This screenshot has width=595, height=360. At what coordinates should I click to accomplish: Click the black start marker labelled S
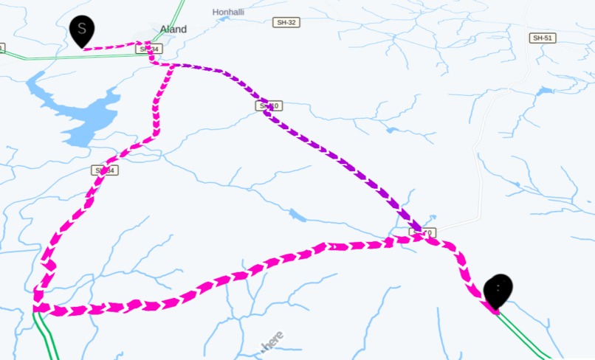point(82,30)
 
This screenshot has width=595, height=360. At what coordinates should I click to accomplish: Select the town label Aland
point(173,30)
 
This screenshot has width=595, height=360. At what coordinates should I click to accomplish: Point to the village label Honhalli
point(228,13)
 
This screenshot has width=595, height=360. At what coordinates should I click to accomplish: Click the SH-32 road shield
point(286,23)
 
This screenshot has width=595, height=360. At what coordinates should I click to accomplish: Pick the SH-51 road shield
point(543,38)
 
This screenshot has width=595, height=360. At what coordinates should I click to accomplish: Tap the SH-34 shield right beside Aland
point(148,49)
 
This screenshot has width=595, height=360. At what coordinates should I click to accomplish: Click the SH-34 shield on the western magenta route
point(106,170)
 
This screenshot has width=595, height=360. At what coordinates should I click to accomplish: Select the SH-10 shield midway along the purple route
point(269,106)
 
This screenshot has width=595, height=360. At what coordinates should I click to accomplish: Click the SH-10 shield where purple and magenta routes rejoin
point(424,233)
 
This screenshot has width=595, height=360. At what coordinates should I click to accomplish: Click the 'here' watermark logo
point(272,342)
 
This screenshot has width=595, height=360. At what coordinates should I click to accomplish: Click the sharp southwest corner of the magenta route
point(36,307)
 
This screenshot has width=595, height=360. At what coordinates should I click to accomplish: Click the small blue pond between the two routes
point(297,215)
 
